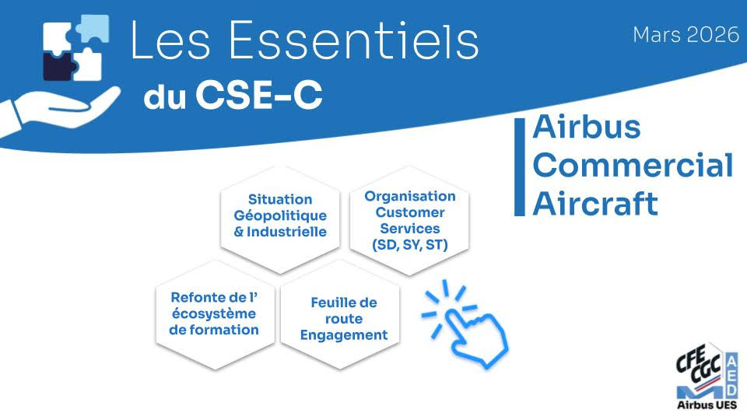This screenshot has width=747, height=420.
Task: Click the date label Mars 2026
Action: point(686,34)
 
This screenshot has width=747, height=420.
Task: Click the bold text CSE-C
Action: point(258,94)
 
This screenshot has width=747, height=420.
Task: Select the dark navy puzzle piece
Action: point(59,65)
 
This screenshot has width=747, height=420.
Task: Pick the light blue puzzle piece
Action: point(93,28)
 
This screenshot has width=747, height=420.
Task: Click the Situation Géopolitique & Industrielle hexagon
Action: point(280,219)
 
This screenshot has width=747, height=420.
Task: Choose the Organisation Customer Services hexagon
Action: point(410,220)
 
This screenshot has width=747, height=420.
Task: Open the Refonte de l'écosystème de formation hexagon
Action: point(215,314)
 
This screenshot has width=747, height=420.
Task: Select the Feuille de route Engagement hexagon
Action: point(341,314)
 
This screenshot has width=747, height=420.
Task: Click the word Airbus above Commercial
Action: point(587,127)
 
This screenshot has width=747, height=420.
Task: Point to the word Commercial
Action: point(633,165)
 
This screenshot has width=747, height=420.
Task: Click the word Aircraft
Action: point(595,203)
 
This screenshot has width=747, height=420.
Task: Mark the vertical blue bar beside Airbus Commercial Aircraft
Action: point(519,166)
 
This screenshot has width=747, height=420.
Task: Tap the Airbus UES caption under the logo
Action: point(707,405)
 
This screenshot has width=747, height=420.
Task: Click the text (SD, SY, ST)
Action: point(410,245)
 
